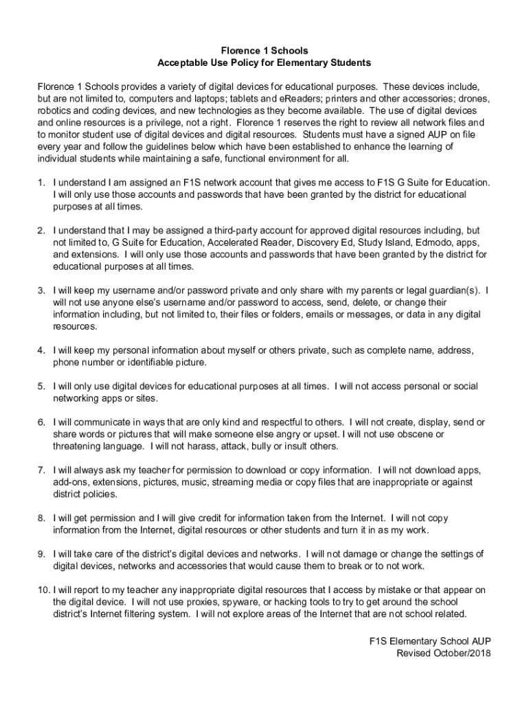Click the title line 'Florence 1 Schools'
pos(264,51)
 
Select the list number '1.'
pos(42,183)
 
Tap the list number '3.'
pos(42,290)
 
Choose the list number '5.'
pos(42,387)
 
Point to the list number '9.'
pos(42,554)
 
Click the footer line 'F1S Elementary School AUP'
pos(430,641)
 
